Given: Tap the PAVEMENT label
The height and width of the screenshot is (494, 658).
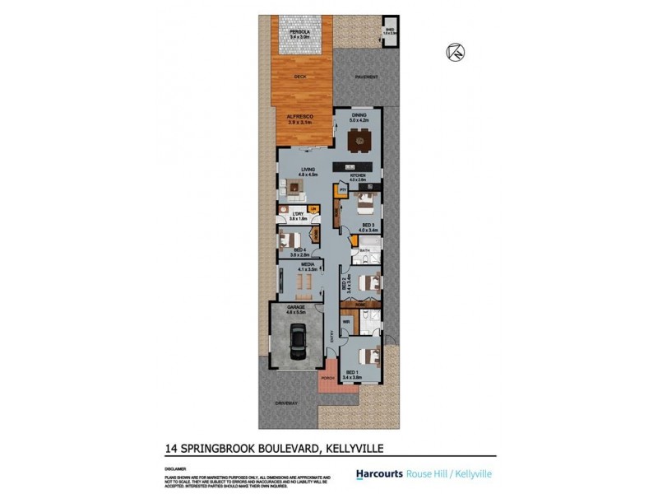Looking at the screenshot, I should [x=367, y=77].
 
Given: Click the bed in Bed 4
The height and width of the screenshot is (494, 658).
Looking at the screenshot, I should [x=290, y=240].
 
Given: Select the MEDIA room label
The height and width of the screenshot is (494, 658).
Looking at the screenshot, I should [x=306, y=265].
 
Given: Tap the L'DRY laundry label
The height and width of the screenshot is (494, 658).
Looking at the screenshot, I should [x=298, y=216].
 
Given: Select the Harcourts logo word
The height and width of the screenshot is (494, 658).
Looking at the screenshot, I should [x=378, y=474].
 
